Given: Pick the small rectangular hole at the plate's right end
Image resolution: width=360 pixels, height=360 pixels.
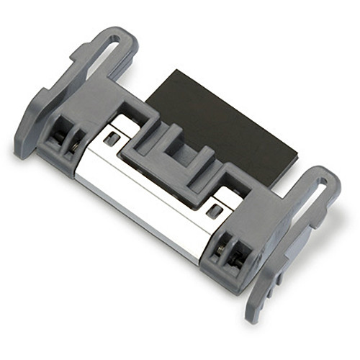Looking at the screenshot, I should pos(213,210).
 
